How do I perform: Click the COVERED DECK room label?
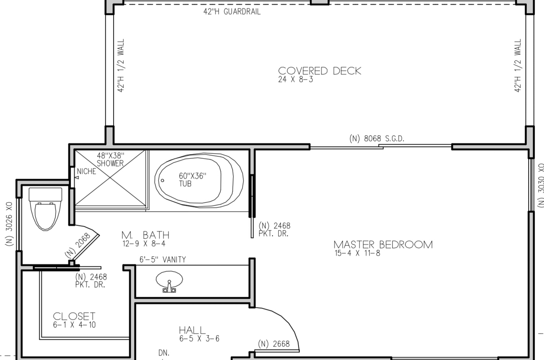coord(320,71)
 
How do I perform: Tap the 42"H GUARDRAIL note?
coord(232,11)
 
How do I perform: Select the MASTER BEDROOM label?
coord(383,245)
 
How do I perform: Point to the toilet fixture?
coord(46,209)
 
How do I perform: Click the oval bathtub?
coord(199,180)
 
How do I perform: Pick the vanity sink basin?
coord(169,279)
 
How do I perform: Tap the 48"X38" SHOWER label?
coord(111,159)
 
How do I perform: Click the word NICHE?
coord(87,172)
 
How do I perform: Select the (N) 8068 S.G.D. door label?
coord(377,139)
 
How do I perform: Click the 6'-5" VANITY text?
coord(163,260)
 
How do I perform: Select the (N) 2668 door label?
coord(274,344)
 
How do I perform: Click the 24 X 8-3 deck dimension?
coord(296,79)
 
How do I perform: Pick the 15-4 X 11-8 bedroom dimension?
coord(357,253)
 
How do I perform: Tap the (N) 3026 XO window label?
coord(9,224)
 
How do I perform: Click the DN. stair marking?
coord(164,353)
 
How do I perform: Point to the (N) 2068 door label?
coord(78,245)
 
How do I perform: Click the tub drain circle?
coord(162,180)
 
